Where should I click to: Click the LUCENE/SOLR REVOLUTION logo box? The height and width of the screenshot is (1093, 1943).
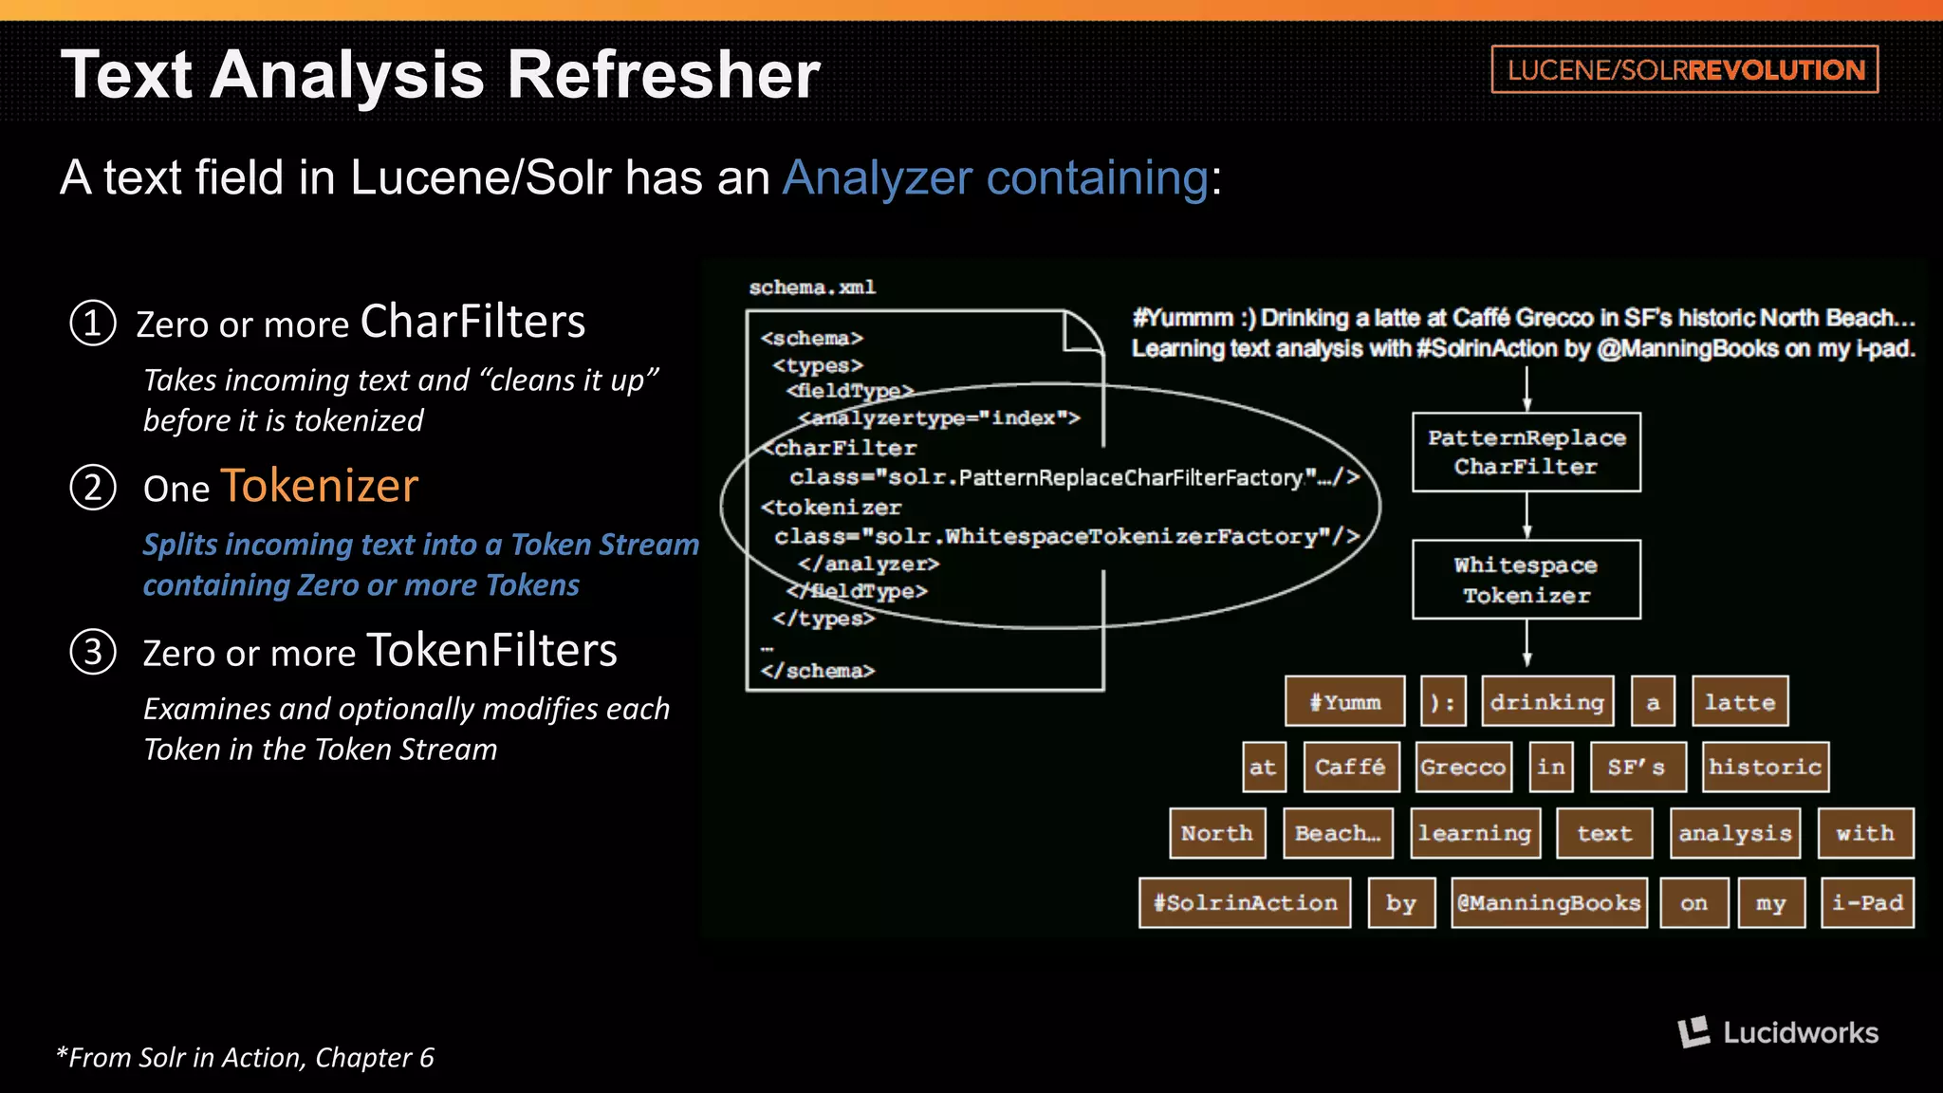(x=1684, y=69)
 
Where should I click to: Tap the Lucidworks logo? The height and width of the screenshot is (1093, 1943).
(x=1778, y=1032)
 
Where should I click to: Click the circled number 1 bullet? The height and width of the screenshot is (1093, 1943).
(x=93, y=324)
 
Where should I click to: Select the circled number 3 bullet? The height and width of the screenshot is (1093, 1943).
(x=93, y=653)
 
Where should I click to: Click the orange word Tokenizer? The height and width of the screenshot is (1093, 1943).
(x=319, y=486)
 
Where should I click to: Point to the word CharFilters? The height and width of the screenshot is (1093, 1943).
(x=472, y=322)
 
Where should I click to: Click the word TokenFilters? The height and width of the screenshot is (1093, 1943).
(x=491, y=651)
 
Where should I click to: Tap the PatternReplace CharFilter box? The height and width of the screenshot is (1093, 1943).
(x=1526, y=453)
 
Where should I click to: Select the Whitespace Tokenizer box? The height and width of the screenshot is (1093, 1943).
(x=1526, y=580)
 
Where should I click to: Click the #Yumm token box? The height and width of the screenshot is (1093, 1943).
(x=1344, y=702)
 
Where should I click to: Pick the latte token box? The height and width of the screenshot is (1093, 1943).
(x=1740, y=702)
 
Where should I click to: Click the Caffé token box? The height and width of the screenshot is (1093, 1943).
(x=1351, y=767)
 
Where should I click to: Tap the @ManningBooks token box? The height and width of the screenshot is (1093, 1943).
(x=1548, y=902)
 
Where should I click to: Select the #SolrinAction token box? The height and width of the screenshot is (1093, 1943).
(x=1245, y=902)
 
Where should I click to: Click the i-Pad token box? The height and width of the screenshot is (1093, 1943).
(x=1867, y=902)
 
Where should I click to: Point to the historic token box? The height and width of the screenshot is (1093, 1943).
(x=1765, y=767)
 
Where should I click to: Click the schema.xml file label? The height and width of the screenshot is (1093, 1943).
(x=812, y=287)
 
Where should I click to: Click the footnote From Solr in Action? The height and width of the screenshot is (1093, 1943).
(x=245, y=1057)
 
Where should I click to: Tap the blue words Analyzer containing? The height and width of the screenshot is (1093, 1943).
(x=995, y=177)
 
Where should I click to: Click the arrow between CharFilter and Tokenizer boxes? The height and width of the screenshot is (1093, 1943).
(x=1527, y=516)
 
